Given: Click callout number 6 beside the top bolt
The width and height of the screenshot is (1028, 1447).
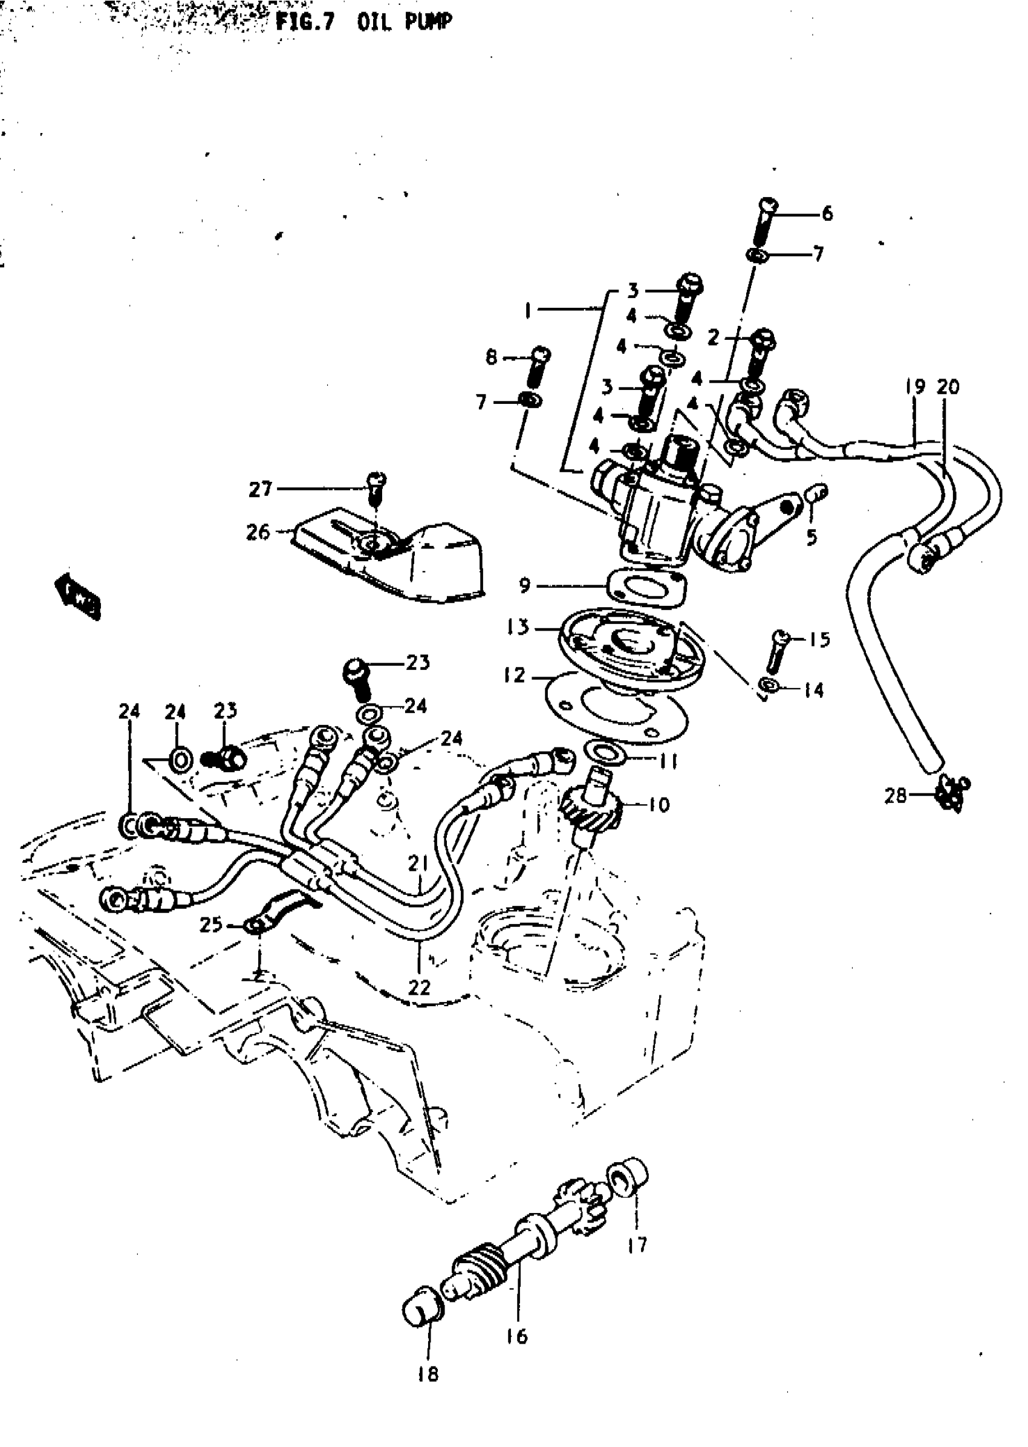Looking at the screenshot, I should click(x=827, y=214).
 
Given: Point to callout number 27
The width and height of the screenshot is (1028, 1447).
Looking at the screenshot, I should click(x=260, y=489).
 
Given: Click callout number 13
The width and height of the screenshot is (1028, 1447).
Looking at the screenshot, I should click(x=517, y=627).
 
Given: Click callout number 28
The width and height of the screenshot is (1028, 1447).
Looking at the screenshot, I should click(x=896, y=795).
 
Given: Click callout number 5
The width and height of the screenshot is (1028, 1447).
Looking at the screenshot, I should click(x=812, y=538).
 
